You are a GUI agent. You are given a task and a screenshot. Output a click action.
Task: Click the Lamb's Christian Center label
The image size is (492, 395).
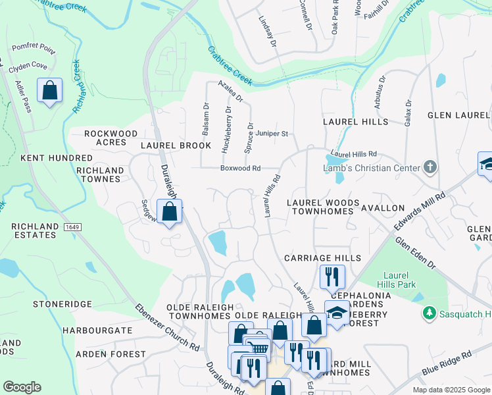371,168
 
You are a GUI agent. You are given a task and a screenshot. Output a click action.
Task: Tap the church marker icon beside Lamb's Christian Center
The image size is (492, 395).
430,167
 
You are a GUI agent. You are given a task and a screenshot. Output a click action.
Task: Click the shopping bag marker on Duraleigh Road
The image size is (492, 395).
169,212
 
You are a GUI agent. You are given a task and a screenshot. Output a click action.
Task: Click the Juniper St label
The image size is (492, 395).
272,134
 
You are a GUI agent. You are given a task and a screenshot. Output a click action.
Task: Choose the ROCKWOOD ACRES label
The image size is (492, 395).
105,138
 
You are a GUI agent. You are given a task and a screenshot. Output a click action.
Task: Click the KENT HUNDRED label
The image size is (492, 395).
57,159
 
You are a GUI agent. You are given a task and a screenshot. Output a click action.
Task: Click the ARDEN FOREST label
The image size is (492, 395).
110,354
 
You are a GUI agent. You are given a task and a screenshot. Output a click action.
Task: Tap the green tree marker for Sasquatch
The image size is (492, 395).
430,311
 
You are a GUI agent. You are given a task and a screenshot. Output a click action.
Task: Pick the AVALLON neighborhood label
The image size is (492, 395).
383,208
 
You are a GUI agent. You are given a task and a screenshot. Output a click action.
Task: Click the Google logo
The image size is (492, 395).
22,387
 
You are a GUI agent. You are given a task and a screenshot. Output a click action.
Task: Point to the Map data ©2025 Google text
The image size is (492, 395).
451,390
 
